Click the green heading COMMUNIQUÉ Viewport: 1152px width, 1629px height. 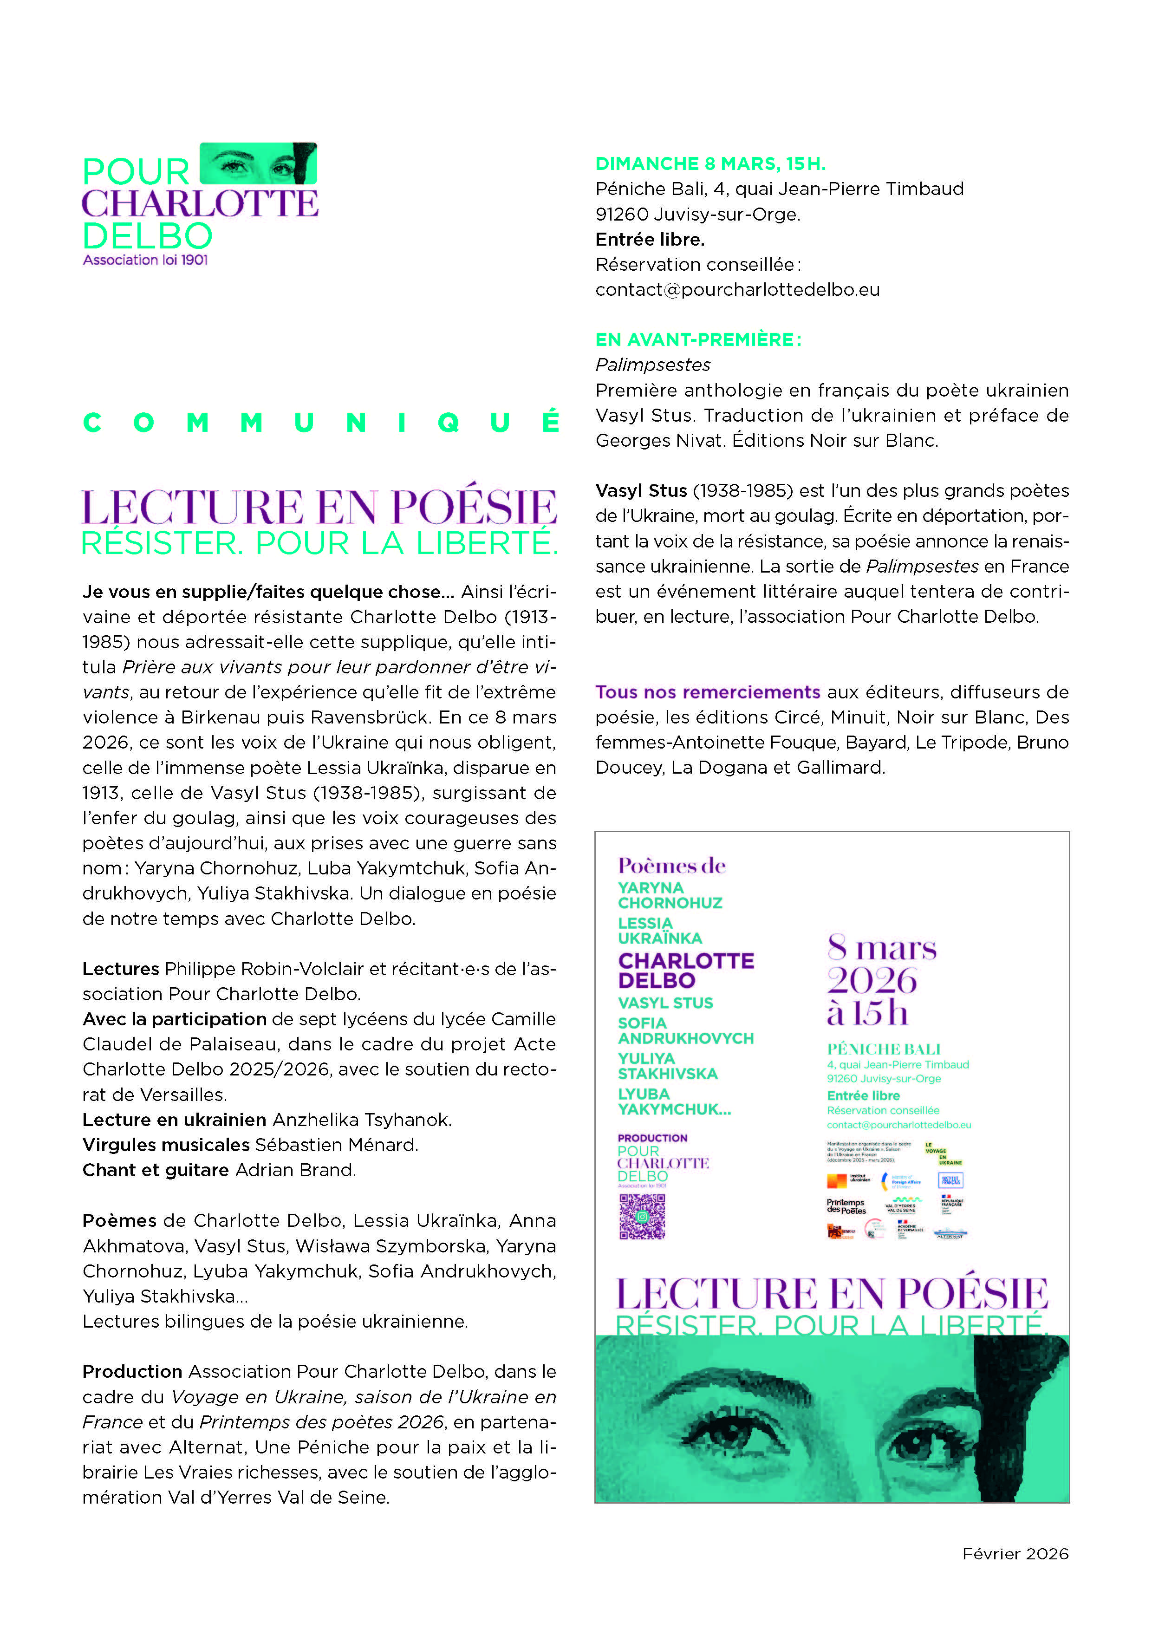(x=321, y=423)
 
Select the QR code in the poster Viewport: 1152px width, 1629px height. (x=642, y=1216)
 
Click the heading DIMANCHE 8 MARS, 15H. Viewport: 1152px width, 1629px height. (x=710, y=164)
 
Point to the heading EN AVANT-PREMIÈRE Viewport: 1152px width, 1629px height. (x=698, y=340)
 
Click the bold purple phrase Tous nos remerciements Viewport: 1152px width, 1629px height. (x=707, y=692)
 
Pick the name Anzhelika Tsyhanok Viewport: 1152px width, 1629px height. (x=362, y=1120)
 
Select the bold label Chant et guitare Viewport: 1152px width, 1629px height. (x=156, y=1170)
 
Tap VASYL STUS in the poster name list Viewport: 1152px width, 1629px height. (x=665, y=1003)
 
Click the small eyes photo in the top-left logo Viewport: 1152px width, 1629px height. (x=258, y=163)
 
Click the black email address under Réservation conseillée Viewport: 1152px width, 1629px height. (x=737, y=289)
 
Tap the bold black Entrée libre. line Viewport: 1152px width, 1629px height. (x=650, y=239)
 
